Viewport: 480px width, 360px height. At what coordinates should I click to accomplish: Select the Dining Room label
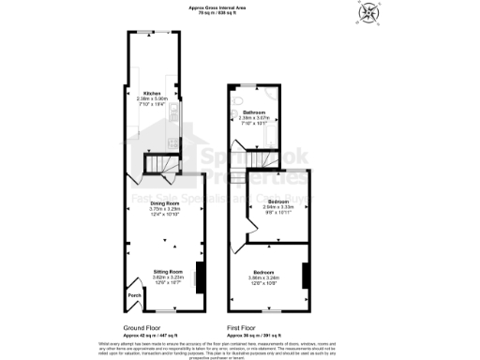(x=165, y=202)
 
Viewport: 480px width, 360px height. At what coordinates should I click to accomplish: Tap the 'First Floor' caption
(x=245, y=328)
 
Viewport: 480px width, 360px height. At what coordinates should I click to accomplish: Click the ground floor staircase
(x=157, y=166)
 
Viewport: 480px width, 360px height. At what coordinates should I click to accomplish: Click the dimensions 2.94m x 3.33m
(x=277, y=207)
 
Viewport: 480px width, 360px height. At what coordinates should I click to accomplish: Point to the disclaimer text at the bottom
(x=240, y=349)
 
